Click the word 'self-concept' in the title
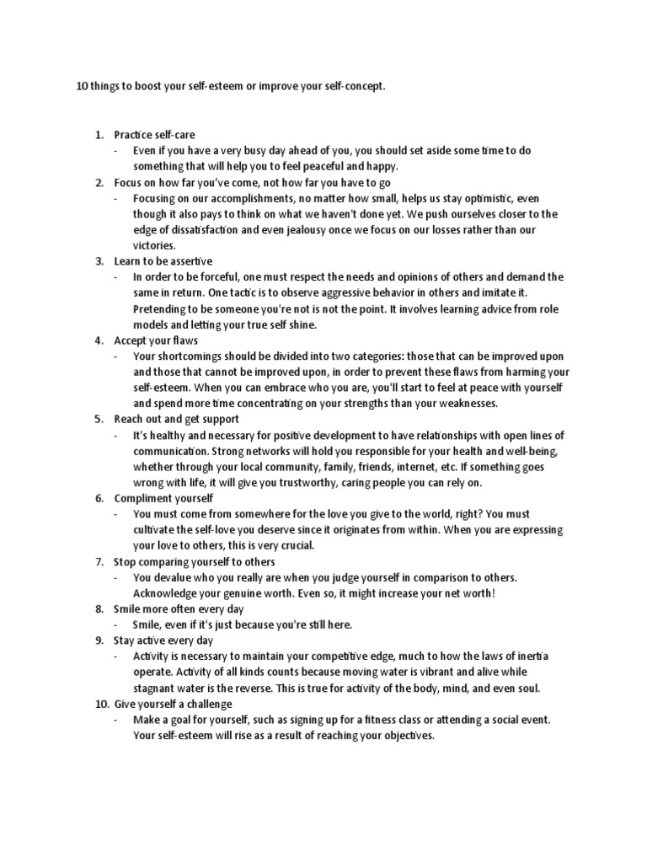[x=353, y=87]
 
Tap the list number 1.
[x=98, y=135]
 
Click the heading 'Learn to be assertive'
[x=163, y=261]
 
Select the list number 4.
[x=98, y=340]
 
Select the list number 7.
[x=98, y=561]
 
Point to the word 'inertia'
[x=528, y=656]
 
